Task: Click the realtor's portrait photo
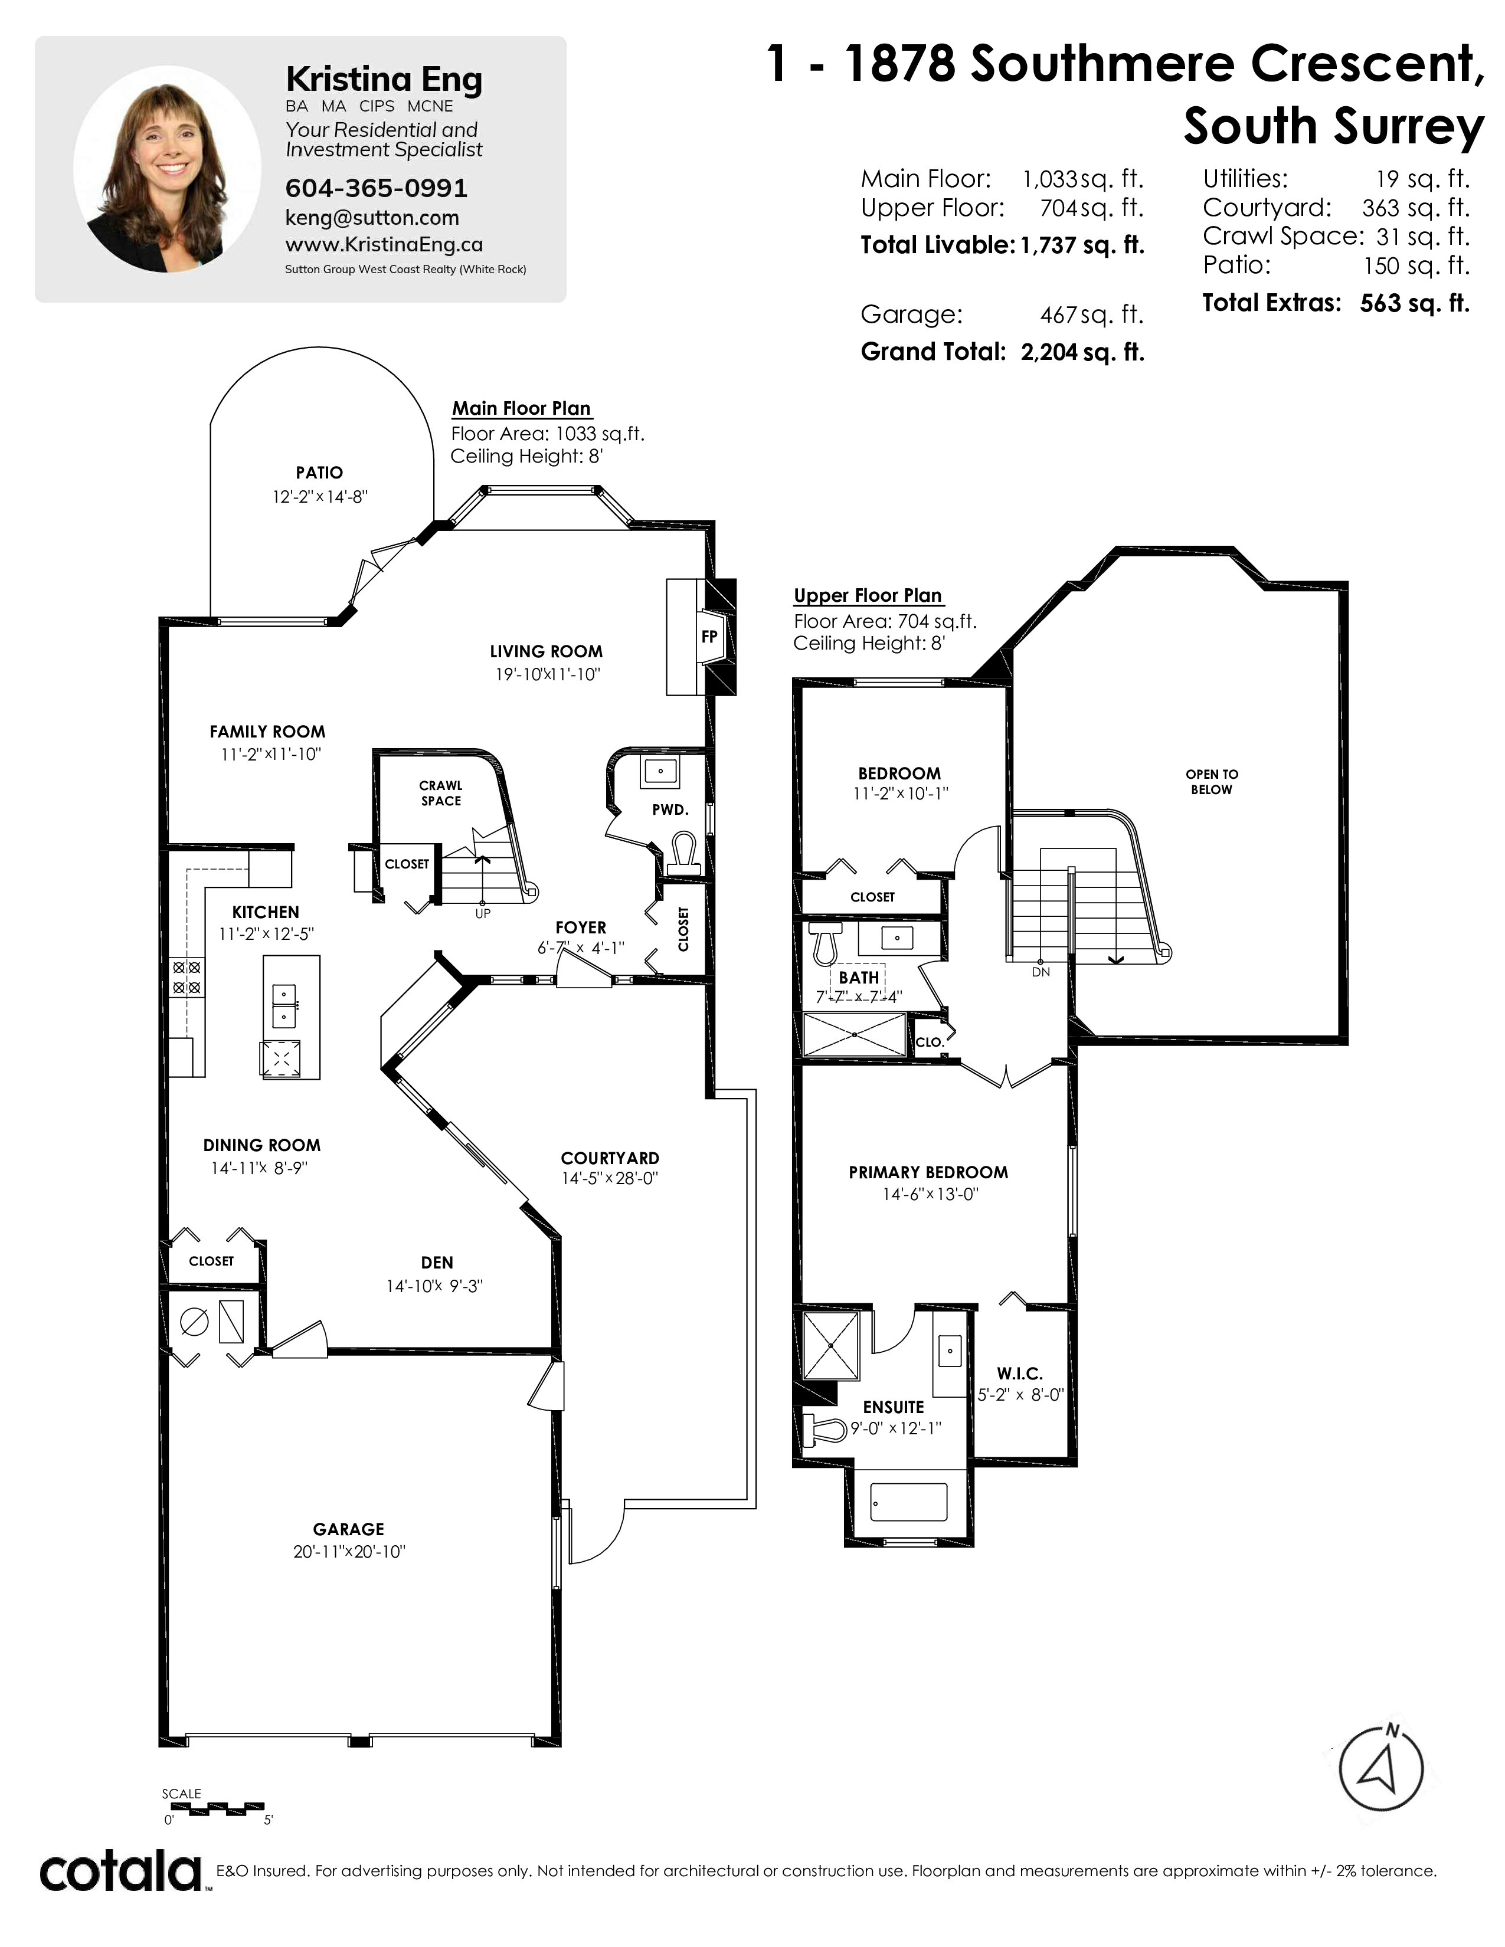168,169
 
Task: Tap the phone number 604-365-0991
377,188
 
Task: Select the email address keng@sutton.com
372,218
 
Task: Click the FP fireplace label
709,637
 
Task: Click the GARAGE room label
349,1528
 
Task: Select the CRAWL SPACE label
441,792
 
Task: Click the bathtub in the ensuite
908,1502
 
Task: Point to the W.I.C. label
1020,1374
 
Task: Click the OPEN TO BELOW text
1212,782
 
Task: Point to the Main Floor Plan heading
522,408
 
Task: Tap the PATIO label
319,473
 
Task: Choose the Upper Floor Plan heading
868,595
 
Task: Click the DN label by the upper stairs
1041,972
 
